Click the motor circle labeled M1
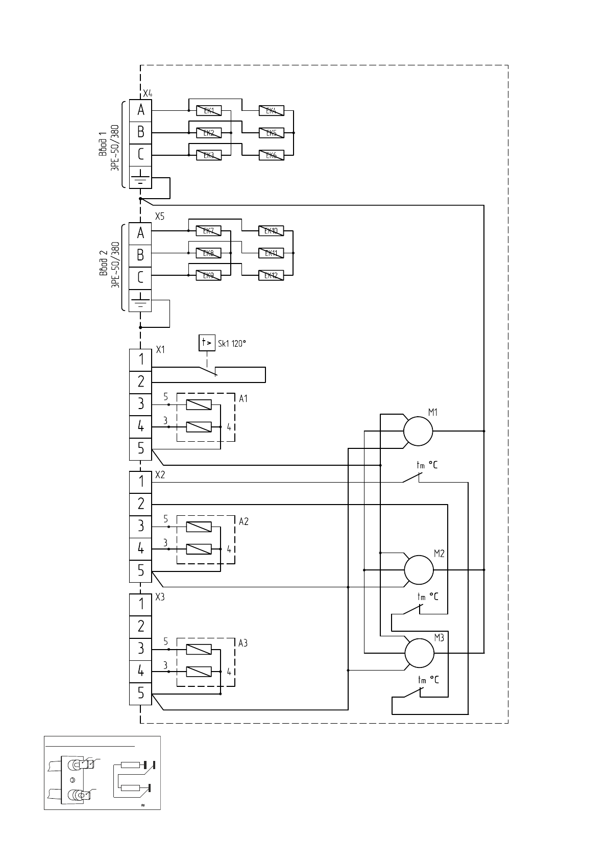pyautogui.click(x=418, y=431)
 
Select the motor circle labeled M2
pyautogui.click(x=419, y=569)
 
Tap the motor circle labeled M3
pyautogui.click(x=419, y=653)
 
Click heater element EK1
pyautogui.click(x=209, y=111)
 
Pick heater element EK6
pyautogui.click(x=271, y=155)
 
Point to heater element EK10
pyautogui.click(x=271, y=231)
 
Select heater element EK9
pyautogui.click(x=208, y=275)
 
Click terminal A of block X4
pyautogui.click(x=140, y=110)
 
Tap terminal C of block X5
pyautogui.click(x=140, y=278)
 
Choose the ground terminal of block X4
pyautogui.click(x=140, y=177)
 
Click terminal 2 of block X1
pyautogui.click(x=140, y=381)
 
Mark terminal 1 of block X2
pyautogui.click(x=140, y=482)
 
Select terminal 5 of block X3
pyautogui.click(x=140, y=694)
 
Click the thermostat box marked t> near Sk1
pyautogui.click(x=207, y=343)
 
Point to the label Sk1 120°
pyautogui.click(x=232, y=344)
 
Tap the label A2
pyautogui.click(x=244, y=521)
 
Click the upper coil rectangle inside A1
pyautogui.click(x=199, y=405)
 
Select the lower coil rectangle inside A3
pyautogui.click(x=199, y=671)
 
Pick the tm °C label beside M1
pyautogui.click(x=427, y=465)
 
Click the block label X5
pyautogui.click(x=160, y=217)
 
